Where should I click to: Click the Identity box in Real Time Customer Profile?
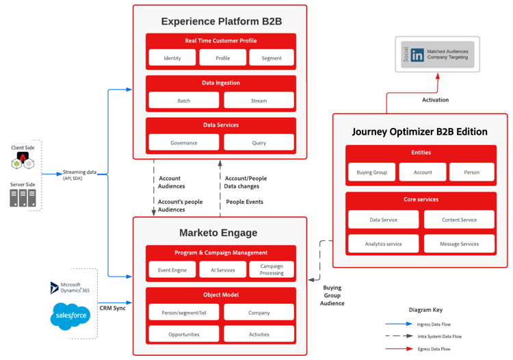[x=172, y=58]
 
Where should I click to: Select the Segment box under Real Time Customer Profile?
[x=271, y=58]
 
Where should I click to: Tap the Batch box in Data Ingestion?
[x=184, y=101]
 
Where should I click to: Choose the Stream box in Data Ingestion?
[x=259, y=101]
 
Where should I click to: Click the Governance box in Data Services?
[x=184, y=142]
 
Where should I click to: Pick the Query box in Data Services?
[x=259, y=142]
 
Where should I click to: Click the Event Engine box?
[x=172, y=270]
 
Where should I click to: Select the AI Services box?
[x=222, y=270]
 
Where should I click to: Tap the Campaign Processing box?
[x=272, y=270]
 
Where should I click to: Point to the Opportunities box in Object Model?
[x=184, y=334]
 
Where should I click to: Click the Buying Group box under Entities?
[x=371, y=172]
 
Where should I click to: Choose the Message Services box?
[x=459, y=244]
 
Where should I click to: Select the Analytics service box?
[x=383, y=244]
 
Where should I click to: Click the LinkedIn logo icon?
[x=417, y=55]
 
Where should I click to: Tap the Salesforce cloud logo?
[x=70, y=316]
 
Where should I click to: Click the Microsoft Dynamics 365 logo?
[x=55, y=287]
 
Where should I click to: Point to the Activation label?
[x=435, y=100]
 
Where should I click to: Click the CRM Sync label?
[x=112, y=308]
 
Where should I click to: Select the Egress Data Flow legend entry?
[x=434, y=349]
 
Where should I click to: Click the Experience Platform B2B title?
[x=220, y=21]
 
